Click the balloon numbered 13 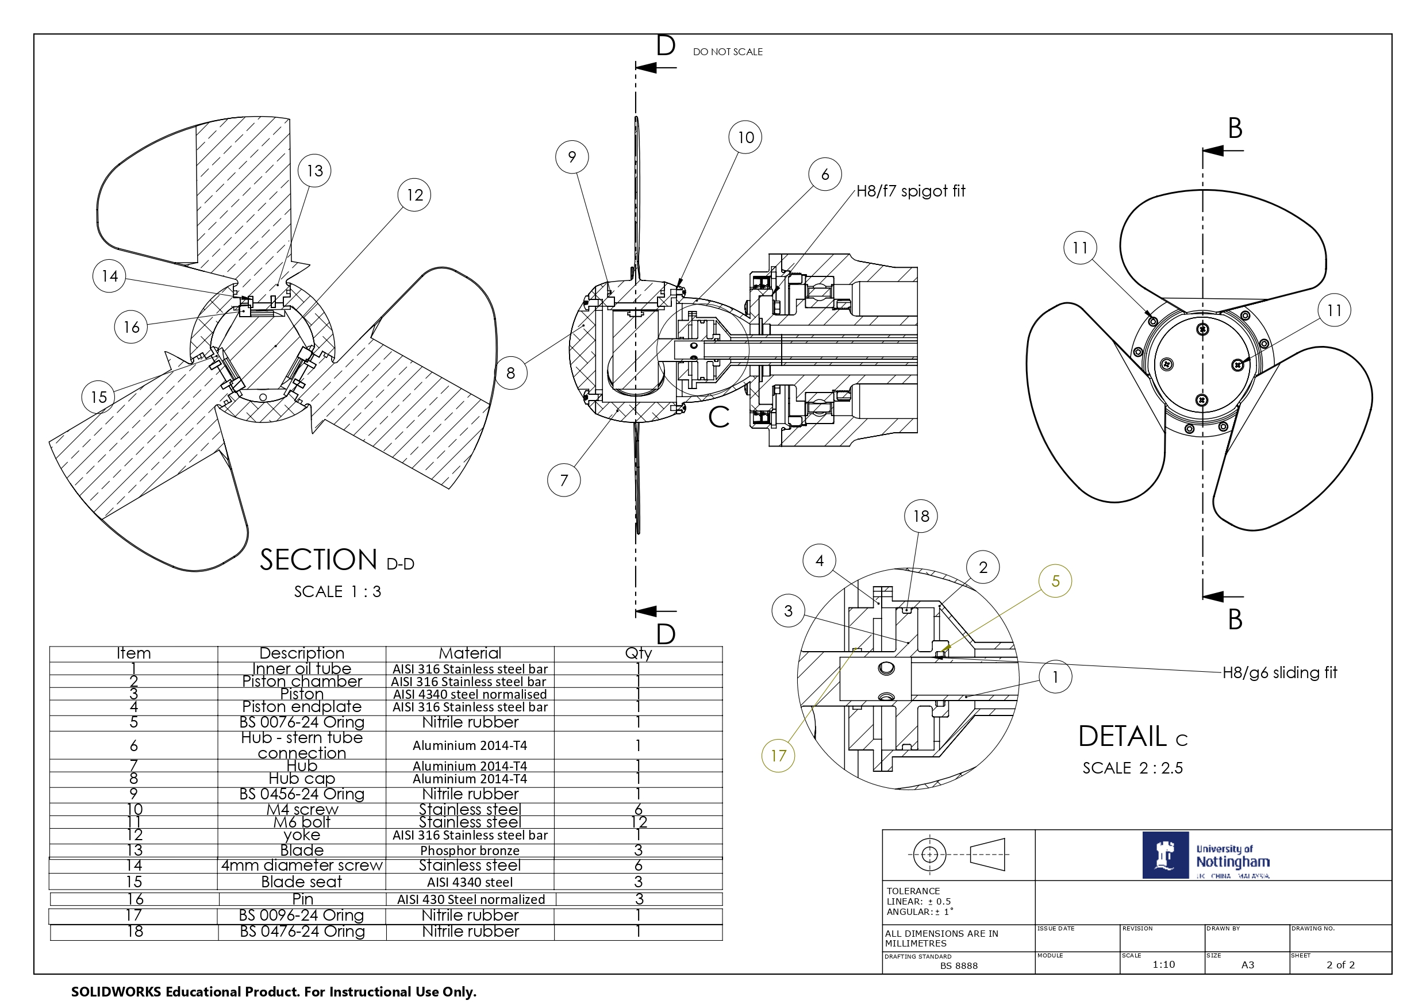coord(314,170)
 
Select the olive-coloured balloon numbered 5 coord(1055,580)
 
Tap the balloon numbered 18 coord(920,515)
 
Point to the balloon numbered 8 coord(510,372)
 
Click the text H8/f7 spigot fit coord(910,191)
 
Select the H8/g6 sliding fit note coord(1279,672)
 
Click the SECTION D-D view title coord(337,560)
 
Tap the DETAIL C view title coord(1133,737)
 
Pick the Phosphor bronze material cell coord(470,850)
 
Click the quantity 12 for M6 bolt coord(639,822)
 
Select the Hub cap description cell coord(302,778)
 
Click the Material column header coord(470,653)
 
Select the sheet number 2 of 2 coord(1340,964)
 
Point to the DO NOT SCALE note coord(727,52)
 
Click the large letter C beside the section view coord(718,417)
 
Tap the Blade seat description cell coord(302,882)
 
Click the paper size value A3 coord(1247,964)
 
